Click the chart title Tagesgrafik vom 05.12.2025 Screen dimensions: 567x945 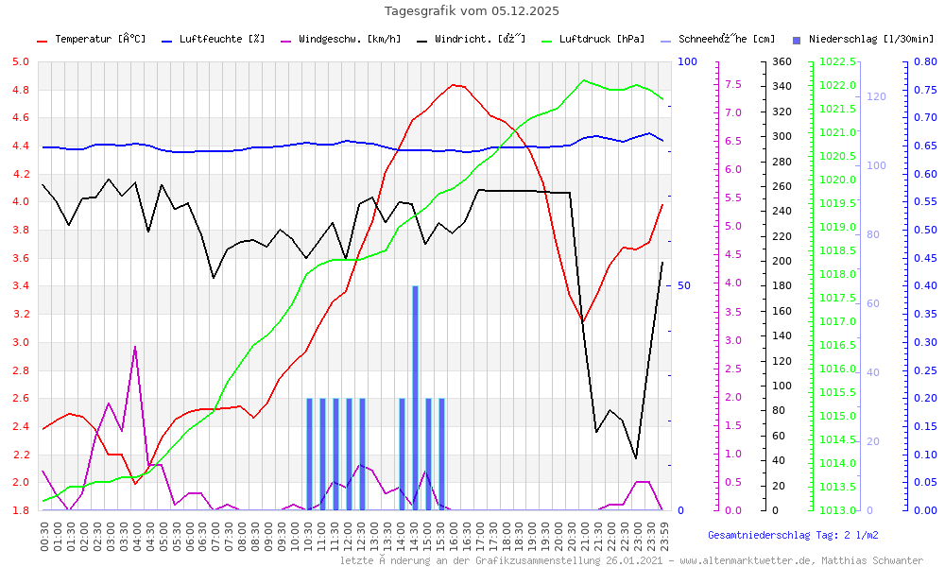click(x=472, y=11)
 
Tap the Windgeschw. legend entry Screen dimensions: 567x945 click(x=349, y=40)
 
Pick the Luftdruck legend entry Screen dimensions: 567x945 click(x=601, y=40)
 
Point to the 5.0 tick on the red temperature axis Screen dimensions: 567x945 click(x=20, y=62)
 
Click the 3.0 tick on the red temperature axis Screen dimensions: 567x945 click(x=20, y=342)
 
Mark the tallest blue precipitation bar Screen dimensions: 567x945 click(x=415, y=397)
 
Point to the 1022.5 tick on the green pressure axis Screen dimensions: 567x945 click(x=839, y=62)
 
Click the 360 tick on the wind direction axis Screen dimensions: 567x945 click(x=781, y=62)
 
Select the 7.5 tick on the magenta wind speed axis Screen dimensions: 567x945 click(x=733, y=84)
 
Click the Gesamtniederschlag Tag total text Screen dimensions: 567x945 click(x=793, y=535)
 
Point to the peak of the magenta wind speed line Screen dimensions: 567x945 click(x=135, y=348)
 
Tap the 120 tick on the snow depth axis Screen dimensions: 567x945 click(x=875, y=96)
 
